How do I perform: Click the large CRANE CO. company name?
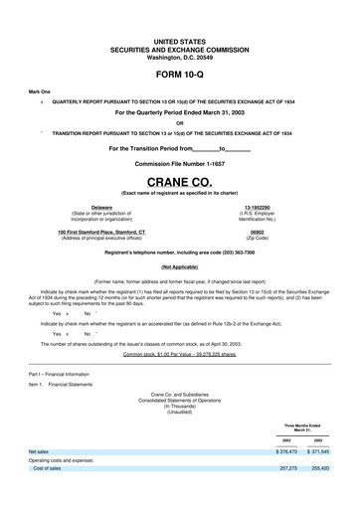tap(180, 182)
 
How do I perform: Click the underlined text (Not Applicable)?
tap(180, 267)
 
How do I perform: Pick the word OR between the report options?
tap(180, 123)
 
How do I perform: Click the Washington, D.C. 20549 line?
tap(180, 57)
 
